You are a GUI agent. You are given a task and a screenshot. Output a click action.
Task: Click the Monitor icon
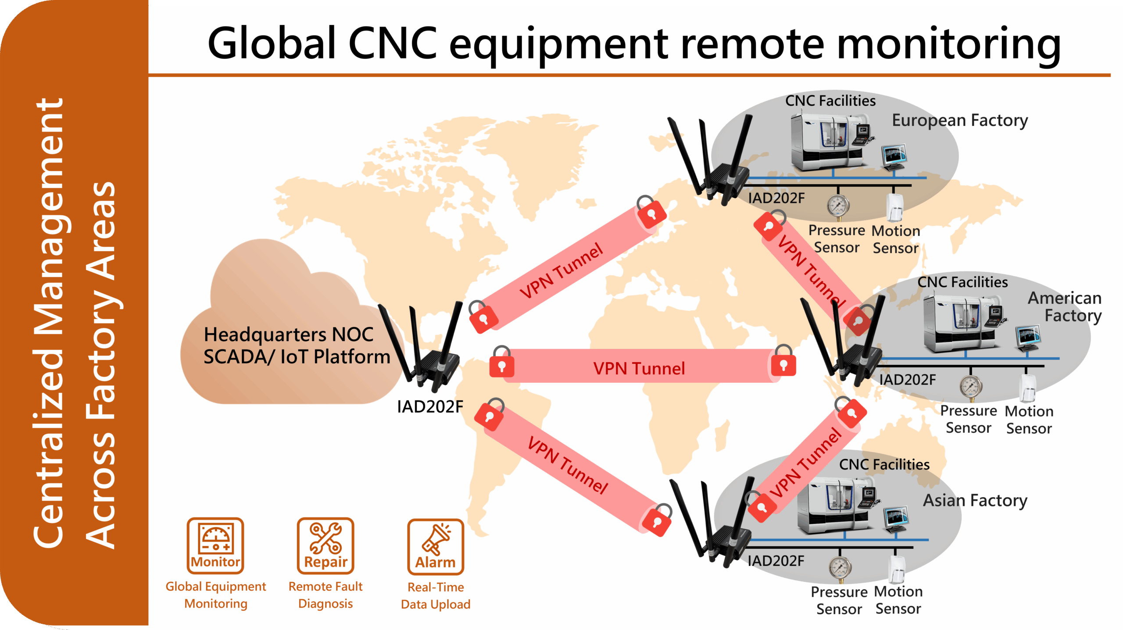click(215, 545)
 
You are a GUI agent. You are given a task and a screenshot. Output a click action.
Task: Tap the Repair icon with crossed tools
click(325, 545)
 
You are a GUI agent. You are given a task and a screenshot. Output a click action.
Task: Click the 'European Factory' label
click(959, 120)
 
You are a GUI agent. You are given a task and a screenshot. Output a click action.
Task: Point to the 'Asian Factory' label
click(975, 500)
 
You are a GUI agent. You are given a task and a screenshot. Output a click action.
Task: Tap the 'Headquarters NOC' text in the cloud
click(288, 335)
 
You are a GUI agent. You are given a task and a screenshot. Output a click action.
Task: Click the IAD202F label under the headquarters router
click(429, 407)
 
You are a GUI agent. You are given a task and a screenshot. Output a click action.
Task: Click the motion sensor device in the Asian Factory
click(898, 570)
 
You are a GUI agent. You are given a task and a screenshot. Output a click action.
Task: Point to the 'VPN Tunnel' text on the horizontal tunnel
click(639, 368)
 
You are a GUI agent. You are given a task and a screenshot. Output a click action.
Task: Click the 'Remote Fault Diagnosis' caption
click(325, 595)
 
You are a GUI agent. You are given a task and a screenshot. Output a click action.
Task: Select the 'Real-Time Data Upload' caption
click(435, 595)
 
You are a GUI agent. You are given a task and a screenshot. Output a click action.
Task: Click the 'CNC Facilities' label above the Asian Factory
click(884, 464)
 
